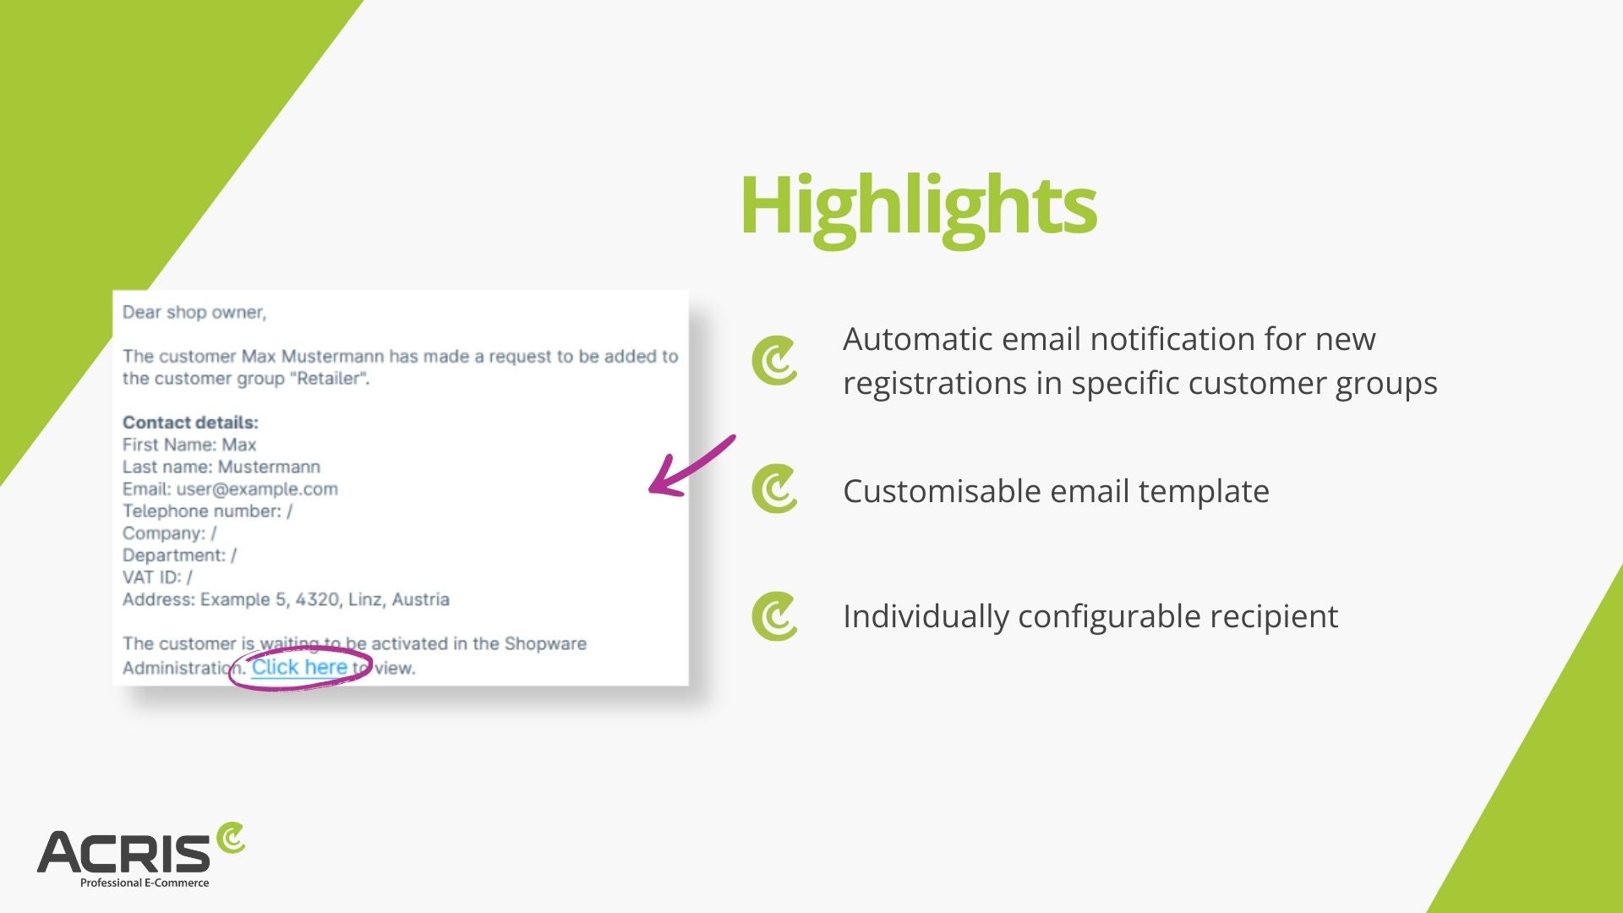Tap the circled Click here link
point(299,667)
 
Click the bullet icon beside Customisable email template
point(774,489)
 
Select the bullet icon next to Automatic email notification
point(774,361)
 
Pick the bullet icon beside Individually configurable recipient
point(774,616)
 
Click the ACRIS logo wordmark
point(123,852)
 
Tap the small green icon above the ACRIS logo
point(230,839)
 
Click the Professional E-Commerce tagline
point(145,883)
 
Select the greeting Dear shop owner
point(194,312)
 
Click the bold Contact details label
point(190,422)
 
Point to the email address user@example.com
point(257,489)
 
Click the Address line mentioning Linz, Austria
point(286,599)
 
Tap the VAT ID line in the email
point(157,577)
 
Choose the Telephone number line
point(207,511)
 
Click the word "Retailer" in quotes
point(329,378)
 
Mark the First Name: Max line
point(189,445)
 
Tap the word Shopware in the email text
point(545,643)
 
